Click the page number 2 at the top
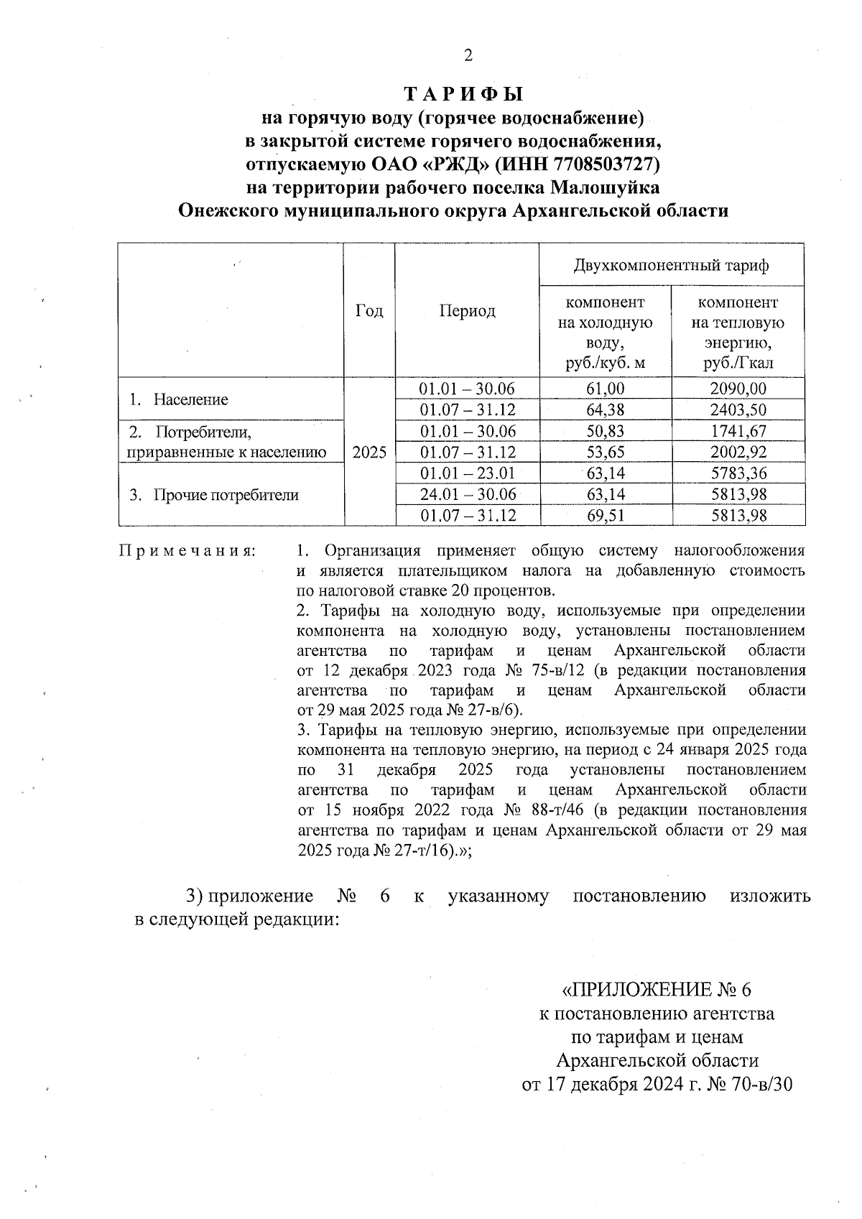pyautogui.click(x=468, y=55)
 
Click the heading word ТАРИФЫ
pyautogui.click(x=463, y=94)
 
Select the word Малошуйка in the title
pyautogui.click(x=604, y=187)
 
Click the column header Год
pyautogui.click(x=369, y=310)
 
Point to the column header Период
pyautogui.click(x=467, y=310)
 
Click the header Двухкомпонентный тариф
pyautogui.click(x=671, y=265)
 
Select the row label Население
pyautogui.click(x=190, y=399)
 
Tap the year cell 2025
pyautogui.click(x=369, y=453)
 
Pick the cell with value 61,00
pyautogui.click(x=606, y=389)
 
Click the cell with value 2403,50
pyautogui.click(x=738, y=409)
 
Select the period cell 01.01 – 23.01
pyautogui.click(x=467, y=473)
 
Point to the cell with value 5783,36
pyautogui.click(x=738, y=473)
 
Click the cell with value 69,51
pyautogui.click(x=606, y=516)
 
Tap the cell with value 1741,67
pyautogui.click(x=738, y=431)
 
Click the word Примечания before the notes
pyautogui.click(x=187, y=551)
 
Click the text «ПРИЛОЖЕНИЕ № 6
pyautogui.click(x=656, y=990)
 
